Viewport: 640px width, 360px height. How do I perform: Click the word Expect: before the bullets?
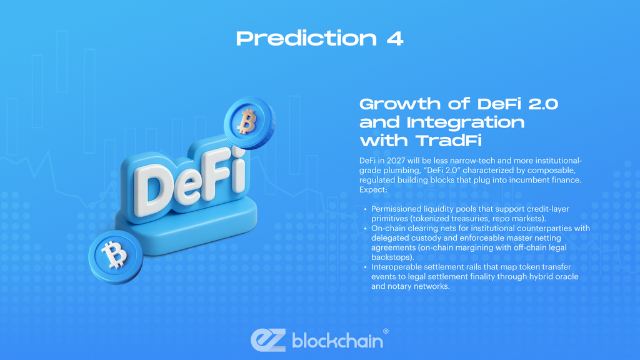coord(374,189)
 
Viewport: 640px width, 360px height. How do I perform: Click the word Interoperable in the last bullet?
coord(397,267)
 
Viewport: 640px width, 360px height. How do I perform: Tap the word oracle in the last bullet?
coord(566,277)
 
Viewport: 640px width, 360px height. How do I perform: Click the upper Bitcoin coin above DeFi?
coord(248,121)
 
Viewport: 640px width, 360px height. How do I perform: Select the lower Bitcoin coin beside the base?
coord(114,256)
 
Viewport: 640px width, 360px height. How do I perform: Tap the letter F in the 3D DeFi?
coord(213,172)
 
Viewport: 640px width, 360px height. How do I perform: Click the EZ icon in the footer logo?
coord(268,339)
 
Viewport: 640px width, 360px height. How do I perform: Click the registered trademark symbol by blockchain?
coord(386,331)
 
